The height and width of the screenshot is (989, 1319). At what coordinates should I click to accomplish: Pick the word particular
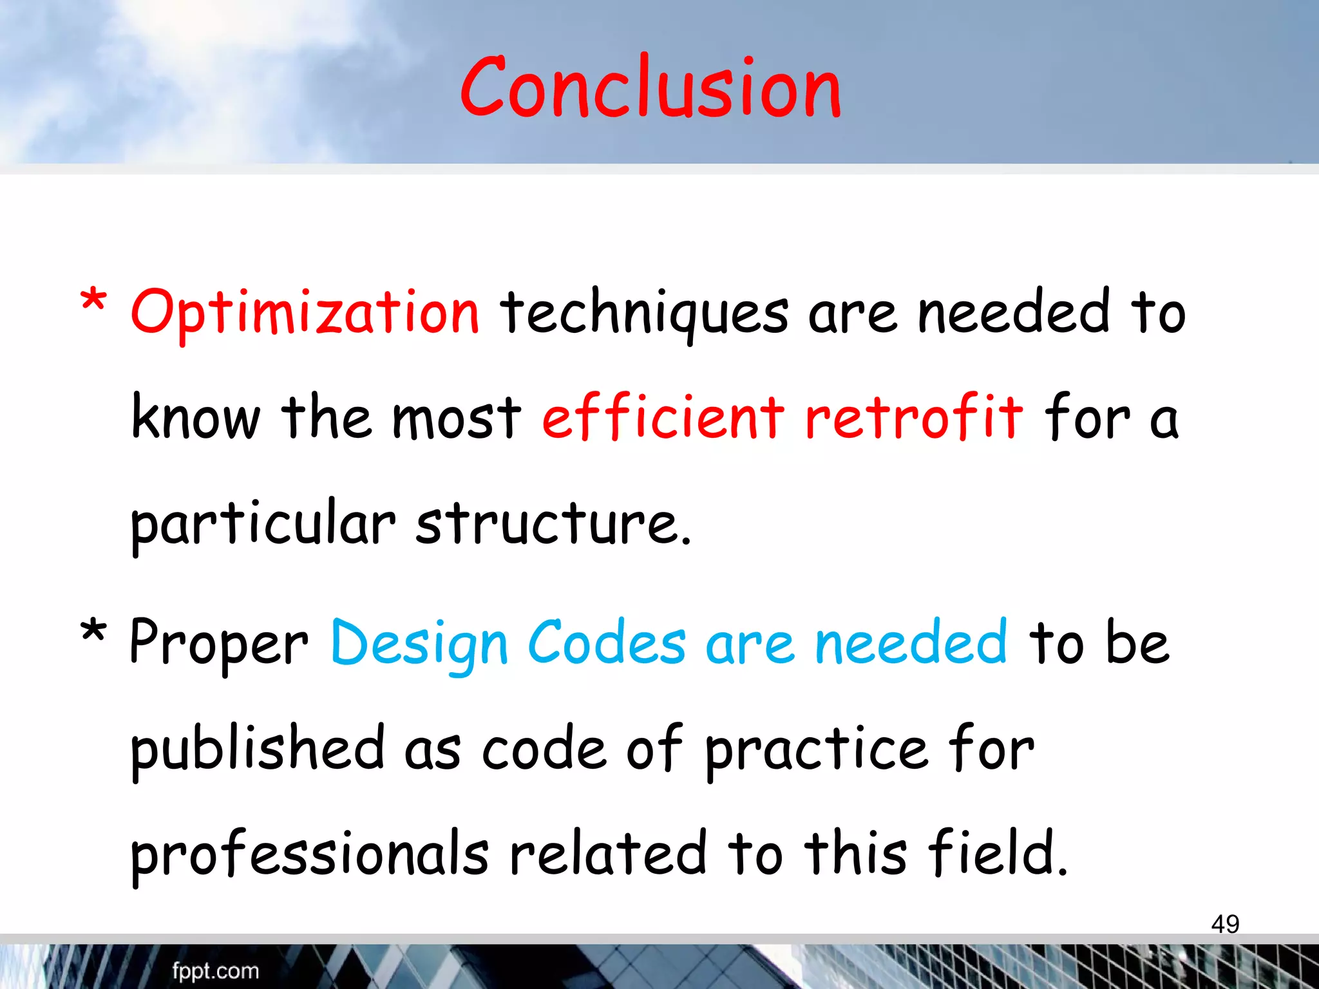[263, 523]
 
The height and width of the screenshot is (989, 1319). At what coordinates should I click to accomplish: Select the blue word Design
[419, 644]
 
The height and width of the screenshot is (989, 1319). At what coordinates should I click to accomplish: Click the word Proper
[219, 644]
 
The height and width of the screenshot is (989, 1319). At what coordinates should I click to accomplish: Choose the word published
[258, 749]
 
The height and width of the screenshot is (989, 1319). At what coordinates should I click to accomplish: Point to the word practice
[817, 749]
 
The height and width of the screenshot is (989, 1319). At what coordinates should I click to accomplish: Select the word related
[609, 853]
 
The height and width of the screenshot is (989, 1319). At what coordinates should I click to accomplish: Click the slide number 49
[1225, 924]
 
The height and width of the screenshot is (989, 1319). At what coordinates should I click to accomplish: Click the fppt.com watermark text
[215, 971]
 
